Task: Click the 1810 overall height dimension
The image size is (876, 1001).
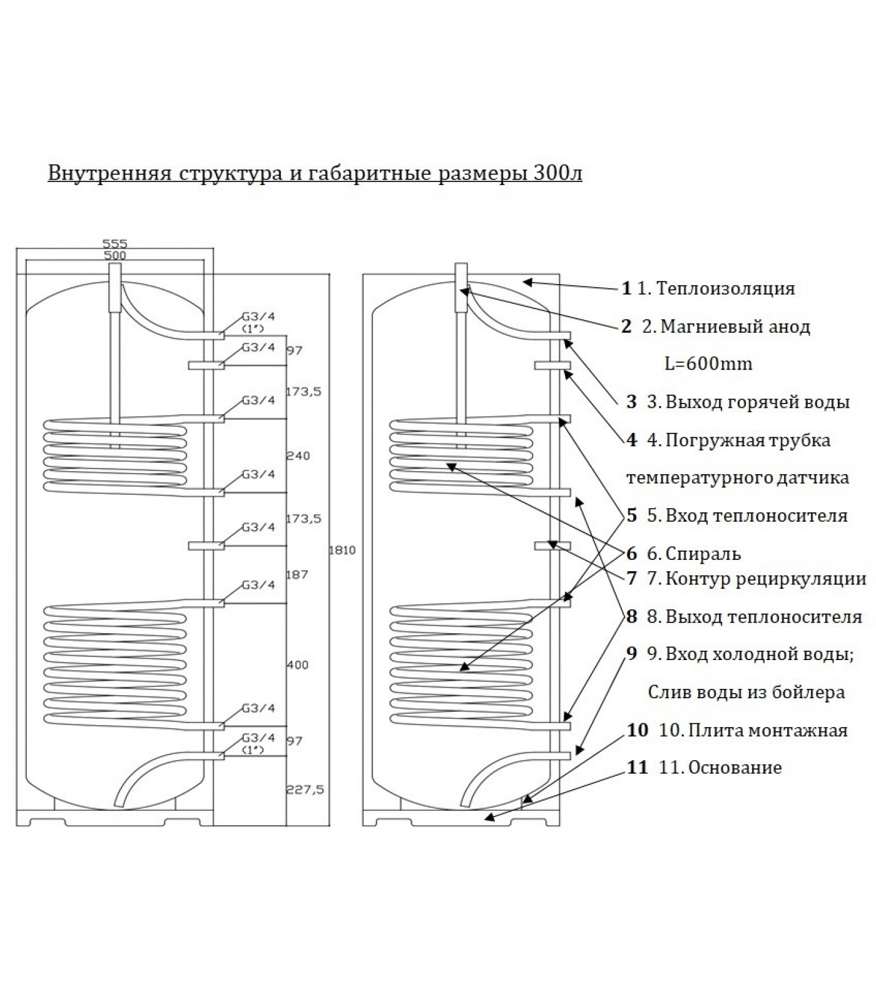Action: (x=342, y=551)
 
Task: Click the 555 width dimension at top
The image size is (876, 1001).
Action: (x=115, y=244)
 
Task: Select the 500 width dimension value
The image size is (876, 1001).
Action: (x=115, y=255)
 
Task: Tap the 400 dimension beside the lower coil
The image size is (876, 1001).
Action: (x=297, y=664)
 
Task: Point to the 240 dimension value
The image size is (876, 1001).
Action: (x=297, y=455)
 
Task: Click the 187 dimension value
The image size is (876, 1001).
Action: (x=297, y=574)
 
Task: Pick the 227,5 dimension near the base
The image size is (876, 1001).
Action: (x=304, y=790)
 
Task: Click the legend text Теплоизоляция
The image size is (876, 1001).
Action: (x=726, y=288)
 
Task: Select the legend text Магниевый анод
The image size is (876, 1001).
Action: (x=735, y=327)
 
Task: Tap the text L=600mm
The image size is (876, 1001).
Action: (x=708, y=363)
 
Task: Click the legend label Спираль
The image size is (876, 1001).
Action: (x=703, y=554)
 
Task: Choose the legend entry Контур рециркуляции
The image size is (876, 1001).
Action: (x=766, y=579)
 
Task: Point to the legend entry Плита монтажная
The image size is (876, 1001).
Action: (x=768, y=730)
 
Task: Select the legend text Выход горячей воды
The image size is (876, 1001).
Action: (x=757, y=402)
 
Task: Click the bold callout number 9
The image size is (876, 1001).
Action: (x=631, y=654)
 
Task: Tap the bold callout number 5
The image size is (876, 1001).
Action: (x=631, y=516)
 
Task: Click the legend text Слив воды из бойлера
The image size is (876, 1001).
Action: (x=746, y=692)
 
